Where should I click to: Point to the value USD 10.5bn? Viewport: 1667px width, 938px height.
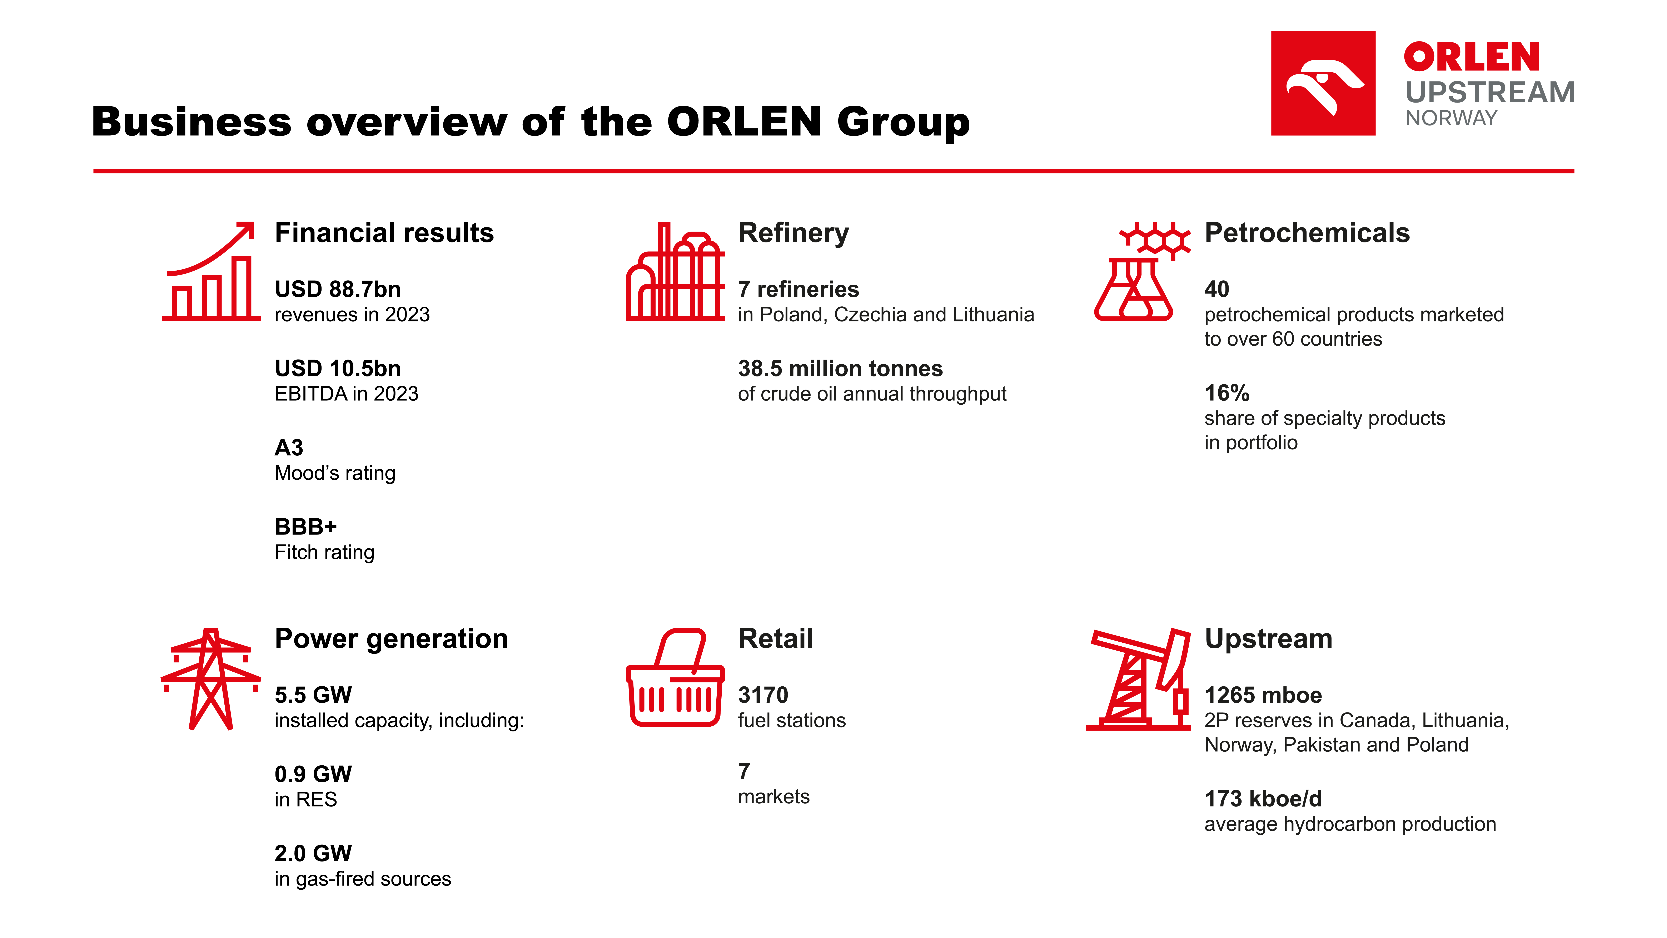click(338, 368)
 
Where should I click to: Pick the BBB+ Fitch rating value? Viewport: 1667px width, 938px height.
click(305, 527)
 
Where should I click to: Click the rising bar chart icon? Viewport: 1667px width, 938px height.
click(211, 271)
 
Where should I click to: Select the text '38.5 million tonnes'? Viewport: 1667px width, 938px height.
click(840, 368)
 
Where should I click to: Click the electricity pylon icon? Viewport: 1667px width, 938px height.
click(211, 678)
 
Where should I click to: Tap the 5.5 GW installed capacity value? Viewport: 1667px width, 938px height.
click(313, 695)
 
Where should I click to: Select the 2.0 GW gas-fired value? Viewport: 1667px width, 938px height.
click(313, 853)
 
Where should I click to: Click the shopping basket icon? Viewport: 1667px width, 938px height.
click(675, 677)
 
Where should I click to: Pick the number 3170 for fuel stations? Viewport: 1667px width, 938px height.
click(763, 695)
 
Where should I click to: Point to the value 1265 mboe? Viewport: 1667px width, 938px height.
click(1263, 695)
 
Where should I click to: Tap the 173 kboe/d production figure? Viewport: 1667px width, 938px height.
click(1263, 799)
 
